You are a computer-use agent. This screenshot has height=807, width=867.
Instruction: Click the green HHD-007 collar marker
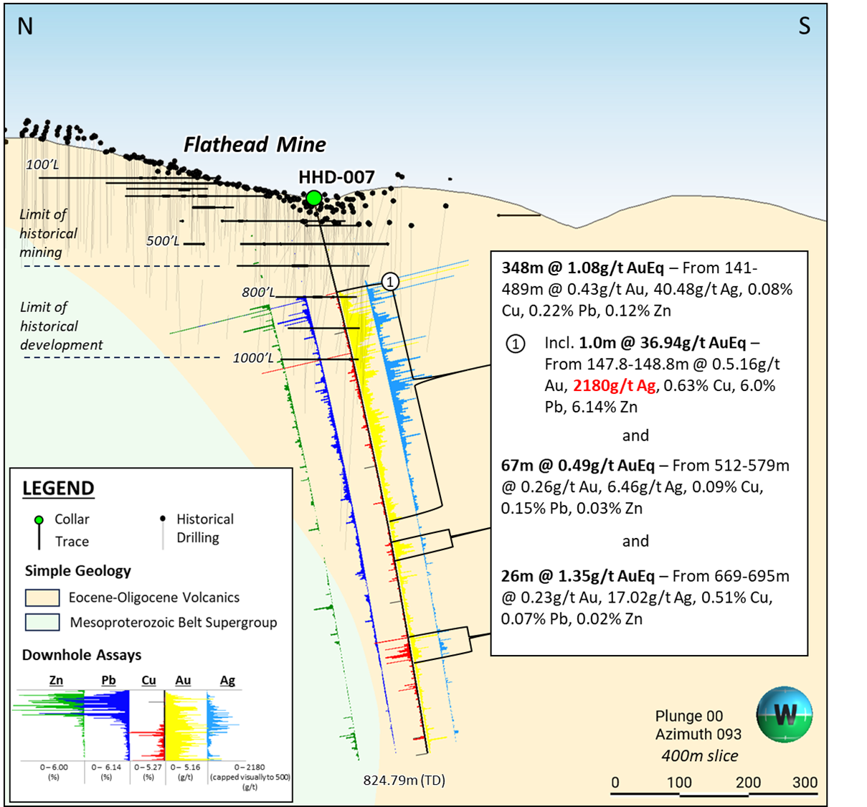click(x=313, y=198)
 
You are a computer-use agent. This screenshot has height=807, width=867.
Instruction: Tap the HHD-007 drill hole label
click(x=336, y=177)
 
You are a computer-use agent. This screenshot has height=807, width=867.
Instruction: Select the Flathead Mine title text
click(x=255, y=145)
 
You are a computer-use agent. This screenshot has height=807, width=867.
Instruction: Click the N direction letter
click(x=25, y=27)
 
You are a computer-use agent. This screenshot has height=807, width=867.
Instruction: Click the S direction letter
click(x=805, y=27)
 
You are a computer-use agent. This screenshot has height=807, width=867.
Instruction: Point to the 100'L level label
click(x=42, y=165)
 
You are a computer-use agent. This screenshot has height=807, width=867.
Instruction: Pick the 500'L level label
click(x=162, y=240)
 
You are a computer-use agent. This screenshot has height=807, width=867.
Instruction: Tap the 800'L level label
click(x=258, y=292)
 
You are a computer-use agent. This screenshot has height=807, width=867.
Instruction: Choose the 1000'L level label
click(x=253, y=358)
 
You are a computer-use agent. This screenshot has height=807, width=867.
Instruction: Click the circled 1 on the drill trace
click(x=390, y=282)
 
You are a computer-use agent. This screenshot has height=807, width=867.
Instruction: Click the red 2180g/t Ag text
click(x=614, y=386)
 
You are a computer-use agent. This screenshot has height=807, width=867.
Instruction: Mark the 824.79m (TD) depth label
click(x=404, y=780)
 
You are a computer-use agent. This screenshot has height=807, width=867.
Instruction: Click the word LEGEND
click(x=58, y=489)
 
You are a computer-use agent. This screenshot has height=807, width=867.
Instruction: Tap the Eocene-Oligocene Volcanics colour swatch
click(x=42, y=598)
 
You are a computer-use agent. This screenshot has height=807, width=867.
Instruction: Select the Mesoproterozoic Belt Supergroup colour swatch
click(x=42, y=622)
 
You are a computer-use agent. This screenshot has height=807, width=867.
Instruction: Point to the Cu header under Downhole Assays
click(x=148, y=680)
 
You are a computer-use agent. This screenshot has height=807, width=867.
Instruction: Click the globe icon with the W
click(x=784, y=714)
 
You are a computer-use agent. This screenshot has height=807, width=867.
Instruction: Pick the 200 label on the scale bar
click(x=748, y=782)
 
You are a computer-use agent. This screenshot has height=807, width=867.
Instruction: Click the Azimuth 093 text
click(x=698, y=735)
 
